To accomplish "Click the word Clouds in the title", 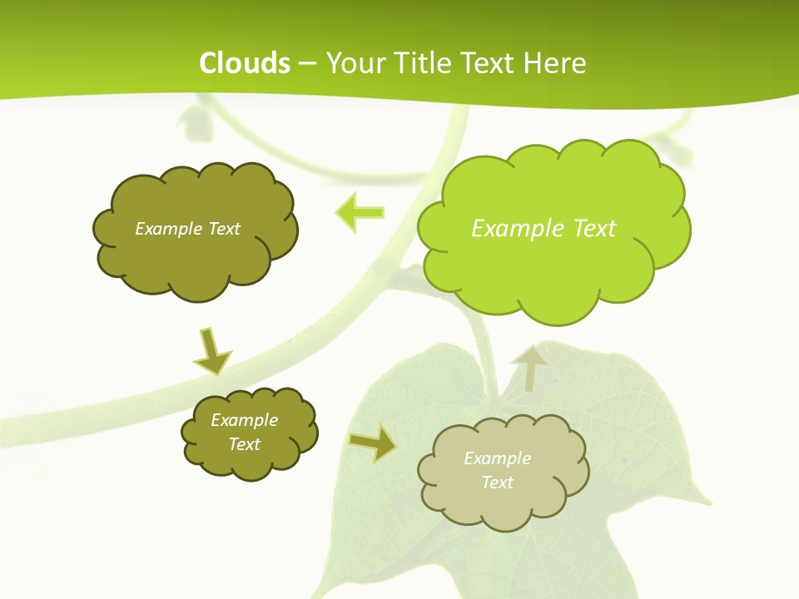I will pyautogui.click(x=245, y=63).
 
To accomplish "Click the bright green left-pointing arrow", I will pyautogui.click(x=360, y=213).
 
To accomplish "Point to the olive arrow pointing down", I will pyautogui.click(x=211, y=350).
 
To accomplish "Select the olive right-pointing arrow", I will pyautogui.click(x=372, y=443).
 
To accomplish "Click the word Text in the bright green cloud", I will pyautogui.click(x=594, y=229).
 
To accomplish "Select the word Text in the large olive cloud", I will pyautogui.click(x=224, y=229).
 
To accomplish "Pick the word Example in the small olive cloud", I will pyautogui.click(x=245, y=420).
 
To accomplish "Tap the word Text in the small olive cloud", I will pyautogui.click(x=245, y=444).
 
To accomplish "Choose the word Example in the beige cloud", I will pyautogui.click(x=497, y=458).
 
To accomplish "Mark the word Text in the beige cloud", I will pyautogui.click(x=497, y=483).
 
